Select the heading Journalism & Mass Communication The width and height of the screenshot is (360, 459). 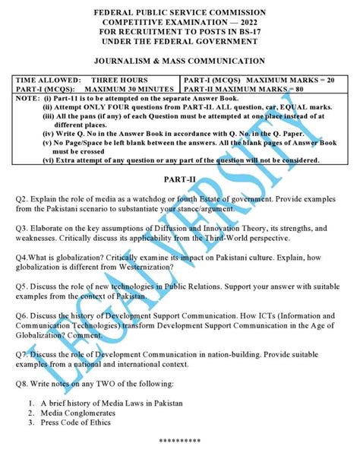179,62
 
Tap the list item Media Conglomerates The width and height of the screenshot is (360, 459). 78,414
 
